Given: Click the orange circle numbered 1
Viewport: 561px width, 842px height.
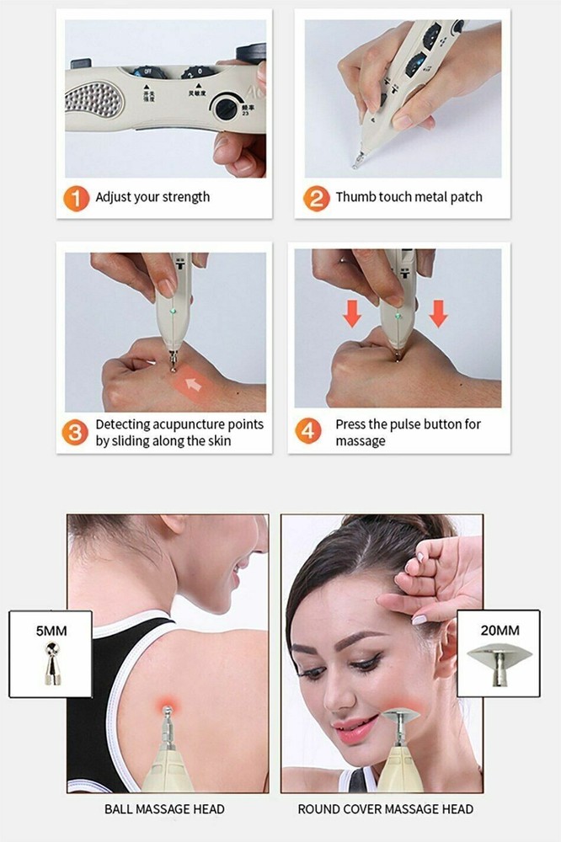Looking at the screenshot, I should tap(77, 199).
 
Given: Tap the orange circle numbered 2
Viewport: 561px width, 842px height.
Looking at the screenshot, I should tap(316, 199).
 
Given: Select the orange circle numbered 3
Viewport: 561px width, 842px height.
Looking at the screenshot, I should tap(77, 432).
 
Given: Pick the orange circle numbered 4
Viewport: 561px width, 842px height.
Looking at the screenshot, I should tap(308, 432).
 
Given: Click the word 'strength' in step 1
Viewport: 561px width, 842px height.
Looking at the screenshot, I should tap(184, 197).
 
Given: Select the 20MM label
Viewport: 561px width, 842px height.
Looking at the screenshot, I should tap(498, 630).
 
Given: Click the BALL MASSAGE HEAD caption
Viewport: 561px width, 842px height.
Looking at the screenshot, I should tap(164, 810).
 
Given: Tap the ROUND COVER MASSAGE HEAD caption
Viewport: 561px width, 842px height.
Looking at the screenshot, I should tap(385, 810).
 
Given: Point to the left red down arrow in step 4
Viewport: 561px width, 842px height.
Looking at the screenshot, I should tap(352, 314).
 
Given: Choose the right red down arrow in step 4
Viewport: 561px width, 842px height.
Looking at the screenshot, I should tap(438, 314).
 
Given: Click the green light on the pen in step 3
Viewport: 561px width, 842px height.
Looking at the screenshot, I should tap(173, 311).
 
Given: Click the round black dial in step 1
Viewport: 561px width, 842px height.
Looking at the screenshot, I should tap(226, 107).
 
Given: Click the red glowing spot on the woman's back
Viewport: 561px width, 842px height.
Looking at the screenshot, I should tap(165, 701).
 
